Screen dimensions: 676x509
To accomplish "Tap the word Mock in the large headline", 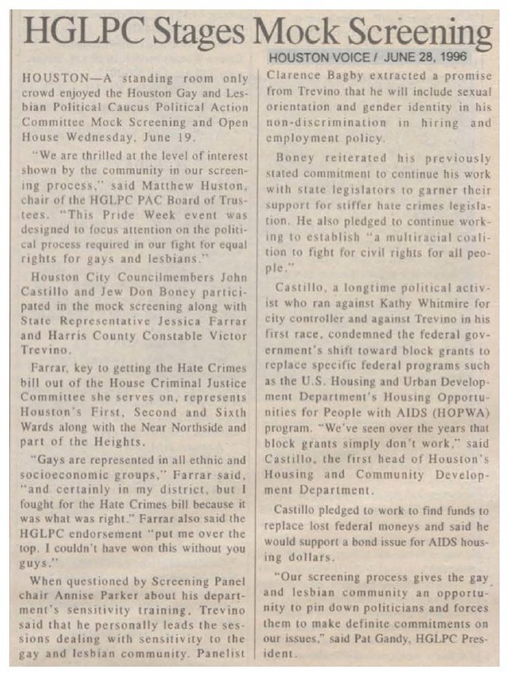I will (x=296, y=31).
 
